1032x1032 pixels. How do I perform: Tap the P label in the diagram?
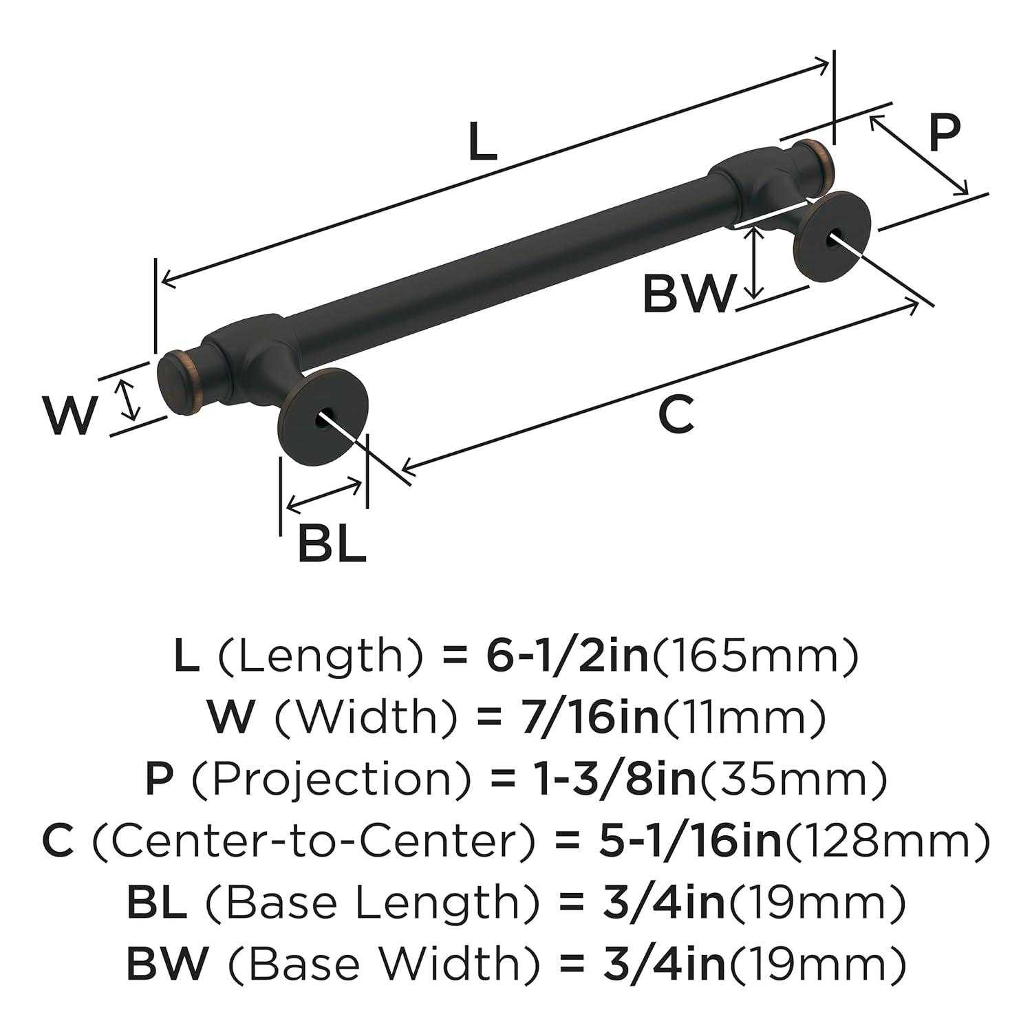[943, 133]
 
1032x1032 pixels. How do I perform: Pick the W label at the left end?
[69, 416]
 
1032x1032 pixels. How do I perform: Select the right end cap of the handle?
[813, 162]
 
